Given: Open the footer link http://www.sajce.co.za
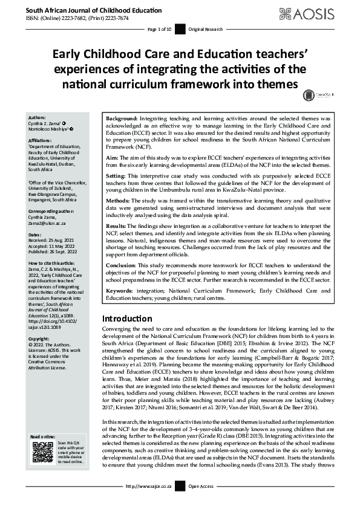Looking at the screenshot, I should point(150,502).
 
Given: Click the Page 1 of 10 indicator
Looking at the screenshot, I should point(160,30).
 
